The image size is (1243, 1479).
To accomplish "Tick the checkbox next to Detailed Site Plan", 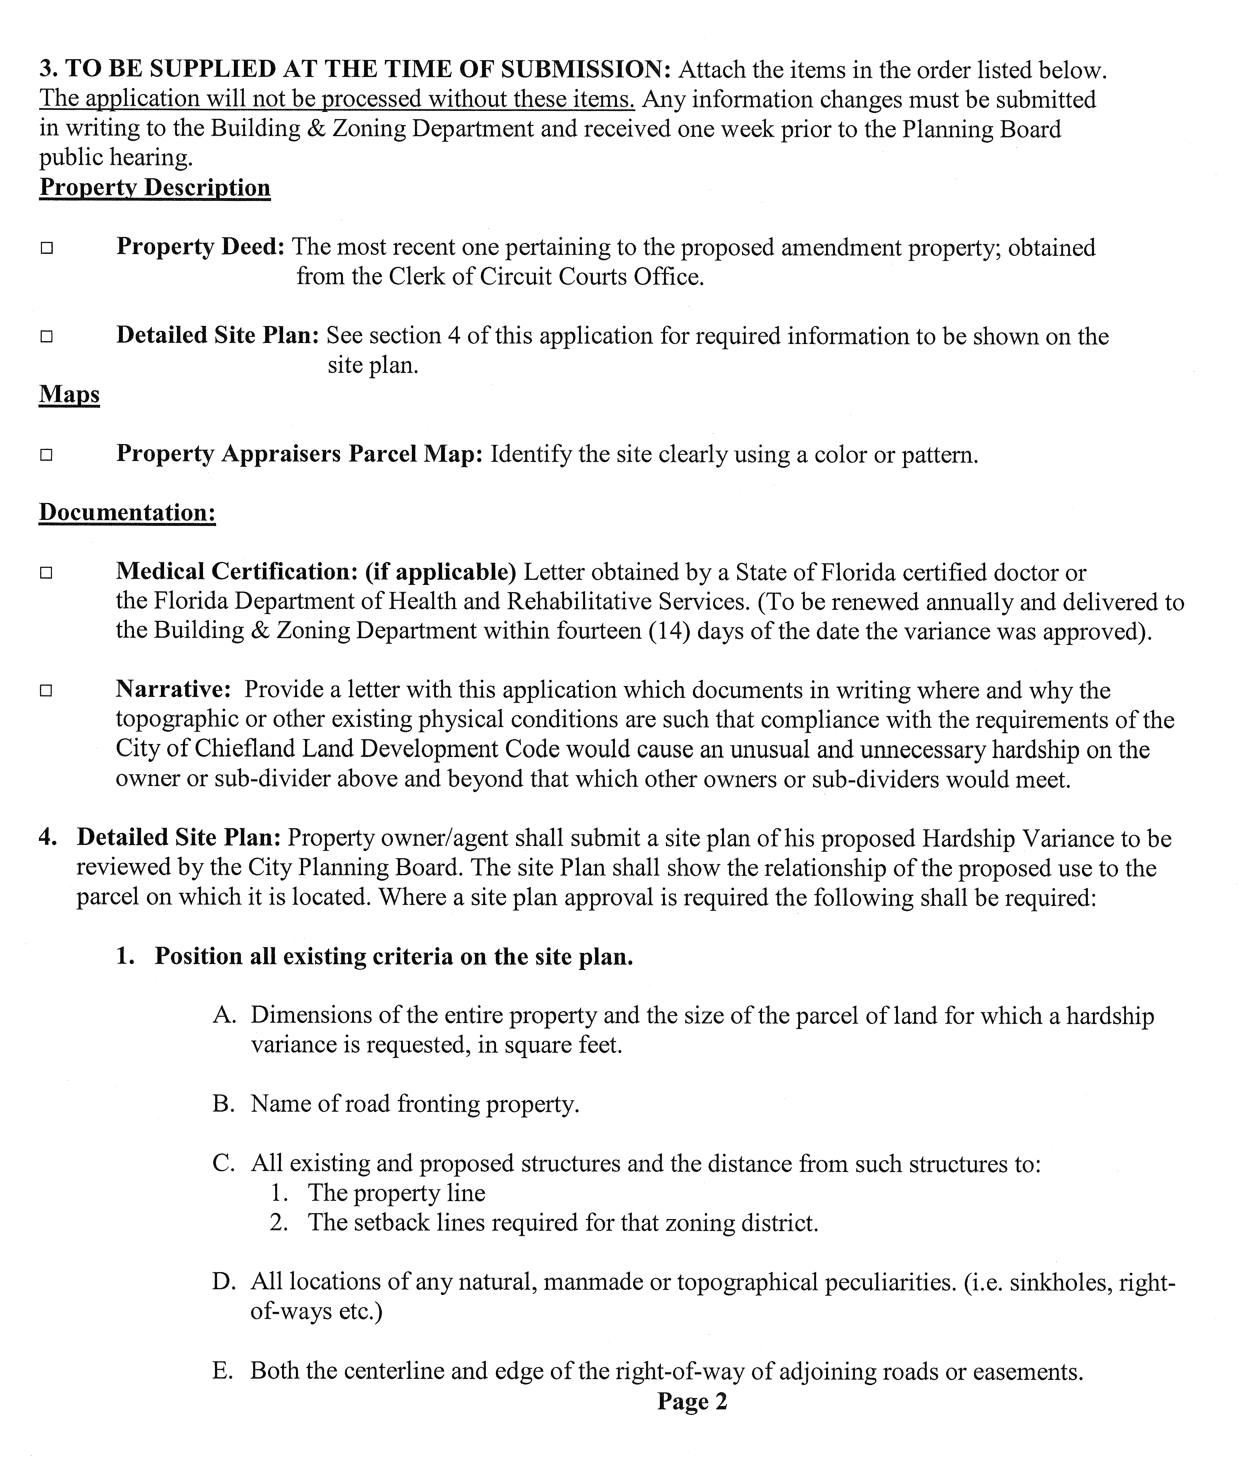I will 47,337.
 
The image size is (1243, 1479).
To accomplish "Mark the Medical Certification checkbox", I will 47,573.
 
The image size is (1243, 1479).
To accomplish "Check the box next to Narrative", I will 47,691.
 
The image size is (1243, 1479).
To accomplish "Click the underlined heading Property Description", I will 155,187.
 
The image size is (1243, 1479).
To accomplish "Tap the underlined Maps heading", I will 69,394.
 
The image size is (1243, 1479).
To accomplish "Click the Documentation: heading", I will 127,512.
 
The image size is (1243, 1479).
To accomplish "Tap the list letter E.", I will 223,1371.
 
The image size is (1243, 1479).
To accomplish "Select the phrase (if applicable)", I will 441,572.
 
